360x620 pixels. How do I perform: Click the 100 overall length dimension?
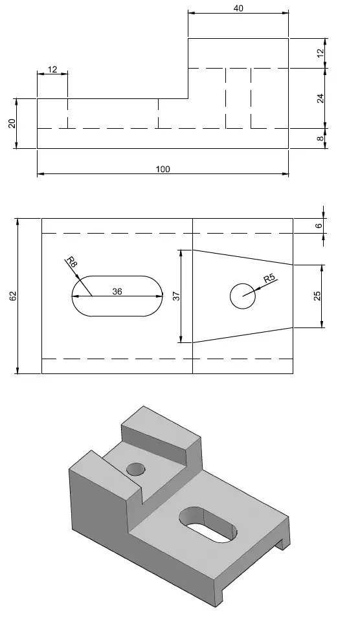pyautogui.click(x=163, y=169)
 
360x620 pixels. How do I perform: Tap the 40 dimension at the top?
pyautogui.click(x=238, y=8)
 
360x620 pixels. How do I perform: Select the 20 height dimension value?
pyautogui.click(x=12, y=124)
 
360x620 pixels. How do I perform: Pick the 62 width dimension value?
pyautogui.click(x=12, y=296)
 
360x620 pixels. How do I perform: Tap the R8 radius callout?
pyautogui.click(x=71, y=261)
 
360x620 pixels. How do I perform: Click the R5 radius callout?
pyautogui.click(x=269, y=278)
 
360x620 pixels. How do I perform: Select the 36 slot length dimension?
pyautogui.click(x=117, y=291)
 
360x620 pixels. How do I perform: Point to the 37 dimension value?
pyautogui.click(x=177, y=296)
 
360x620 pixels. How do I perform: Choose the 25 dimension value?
pyautogui.click(x=317, y=296)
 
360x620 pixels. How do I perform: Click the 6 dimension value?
pyautogui.click(x=319, y=226)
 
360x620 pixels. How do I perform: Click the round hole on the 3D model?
pyautogui.click(x=136, y=469)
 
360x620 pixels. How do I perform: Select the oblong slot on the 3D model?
pyautogui.click(x=208, y=524)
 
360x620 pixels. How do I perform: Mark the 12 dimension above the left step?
pyautogui.click(x=52, y=70)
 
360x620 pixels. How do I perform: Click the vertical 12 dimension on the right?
pyautogui.click(x=321, y=52)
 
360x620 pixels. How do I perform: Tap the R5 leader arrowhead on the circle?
pyautogui.click(x=253, y=291)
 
